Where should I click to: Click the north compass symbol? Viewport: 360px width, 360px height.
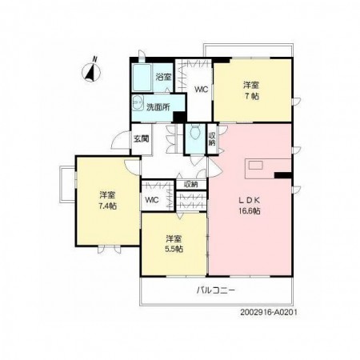point(91,70)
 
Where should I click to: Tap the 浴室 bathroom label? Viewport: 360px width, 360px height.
point(163,78)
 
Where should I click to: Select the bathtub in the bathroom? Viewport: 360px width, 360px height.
point(142,78)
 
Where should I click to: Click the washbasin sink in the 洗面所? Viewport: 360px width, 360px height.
point(138,103)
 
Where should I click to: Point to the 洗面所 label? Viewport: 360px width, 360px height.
point(158,107)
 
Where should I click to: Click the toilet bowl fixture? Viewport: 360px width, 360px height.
point(195,132)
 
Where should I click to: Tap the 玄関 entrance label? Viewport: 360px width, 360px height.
point(141,139)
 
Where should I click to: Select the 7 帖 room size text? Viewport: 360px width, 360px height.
point(252,96)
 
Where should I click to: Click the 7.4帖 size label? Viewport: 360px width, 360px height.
point(108,206)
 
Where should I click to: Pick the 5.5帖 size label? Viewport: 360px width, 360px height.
point(174,249)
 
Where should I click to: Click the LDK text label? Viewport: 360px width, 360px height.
point(249,200)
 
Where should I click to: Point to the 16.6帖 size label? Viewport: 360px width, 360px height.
point(250,211)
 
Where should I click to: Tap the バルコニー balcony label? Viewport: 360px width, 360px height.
point(216,290)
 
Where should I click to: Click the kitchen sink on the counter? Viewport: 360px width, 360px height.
point(256,166)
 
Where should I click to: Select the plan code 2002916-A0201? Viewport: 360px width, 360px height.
point(269,312)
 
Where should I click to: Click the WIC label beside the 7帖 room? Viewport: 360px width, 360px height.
point(201,90)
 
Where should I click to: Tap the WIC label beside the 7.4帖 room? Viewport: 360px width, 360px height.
point(152,200)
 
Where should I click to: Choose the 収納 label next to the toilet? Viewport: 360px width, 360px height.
point(212,139)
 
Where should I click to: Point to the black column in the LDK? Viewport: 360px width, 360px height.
point(282,175)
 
